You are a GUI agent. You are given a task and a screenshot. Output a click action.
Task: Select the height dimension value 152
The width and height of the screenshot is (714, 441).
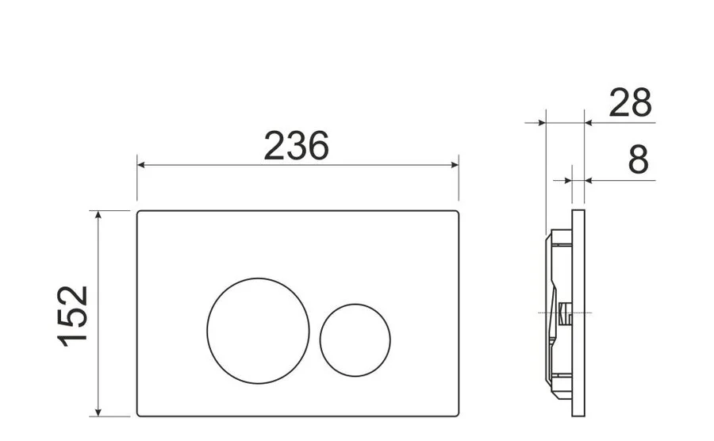[x=74, y=315]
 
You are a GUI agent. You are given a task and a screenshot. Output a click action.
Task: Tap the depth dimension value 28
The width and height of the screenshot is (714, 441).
[x=630, y=103]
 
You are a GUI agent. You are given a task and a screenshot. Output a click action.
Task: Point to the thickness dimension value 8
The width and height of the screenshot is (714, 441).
[x=638, y=160]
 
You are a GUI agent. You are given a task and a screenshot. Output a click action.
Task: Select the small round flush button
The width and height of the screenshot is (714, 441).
[x=355, y=339]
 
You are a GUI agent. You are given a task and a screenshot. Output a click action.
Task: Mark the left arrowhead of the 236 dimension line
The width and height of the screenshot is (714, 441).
[x=141, y=165]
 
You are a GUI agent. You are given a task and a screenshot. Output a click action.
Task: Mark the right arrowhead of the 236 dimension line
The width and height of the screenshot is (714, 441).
[x=455, y=165]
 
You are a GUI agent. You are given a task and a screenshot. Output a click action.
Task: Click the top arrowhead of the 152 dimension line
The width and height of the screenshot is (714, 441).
[x=98, y=215]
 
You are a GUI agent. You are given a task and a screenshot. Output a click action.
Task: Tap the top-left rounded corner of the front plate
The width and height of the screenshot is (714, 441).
[x=140, y=213]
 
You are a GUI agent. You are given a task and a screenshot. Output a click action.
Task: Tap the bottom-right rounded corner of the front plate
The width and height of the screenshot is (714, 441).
[x=456, y=413]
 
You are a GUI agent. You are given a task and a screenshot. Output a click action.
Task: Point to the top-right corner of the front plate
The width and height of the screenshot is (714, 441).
[x=456, y=213]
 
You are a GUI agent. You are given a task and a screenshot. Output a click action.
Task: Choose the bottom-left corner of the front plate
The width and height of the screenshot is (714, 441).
[x=140, y=413]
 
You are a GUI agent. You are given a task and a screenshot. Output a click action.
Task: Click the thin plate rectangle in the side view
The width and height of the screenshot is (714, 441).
[x=578, y=313]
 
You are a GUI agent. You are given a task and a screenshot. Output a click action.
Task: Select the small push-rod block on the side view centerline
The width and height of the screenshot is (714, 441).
[x=565, y=314]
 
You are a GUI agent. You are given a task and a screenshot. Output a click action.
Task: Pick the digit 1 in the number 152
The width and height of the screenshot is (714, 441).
[x=74, y=339]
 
